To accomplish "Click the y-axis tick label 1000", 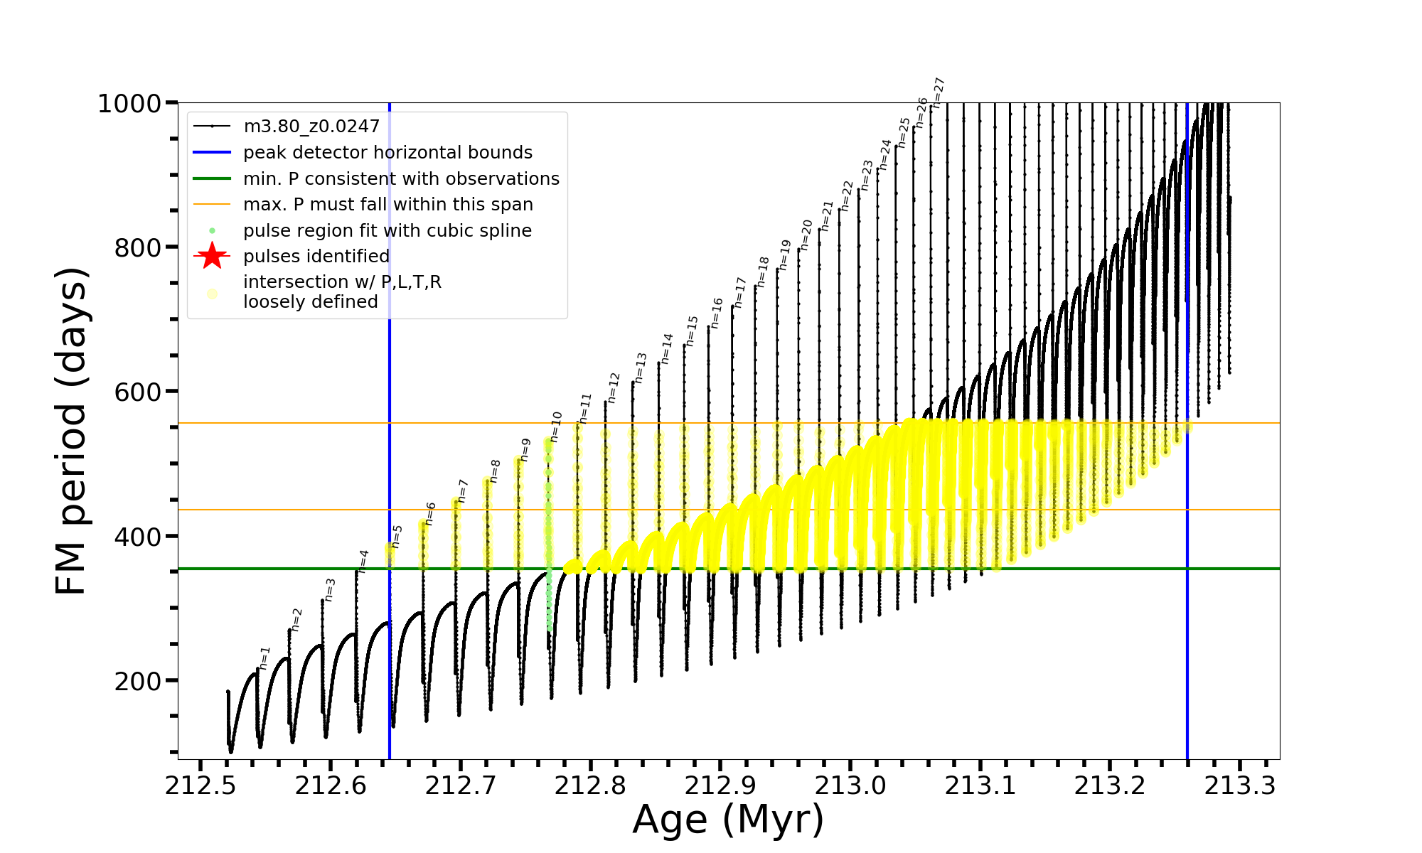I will (129, 104).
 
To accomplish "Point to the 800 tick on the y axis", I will (138, 248).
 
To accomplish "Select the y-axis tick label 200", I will (138, 681).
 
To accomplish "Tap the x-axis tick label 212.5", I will (201, 785).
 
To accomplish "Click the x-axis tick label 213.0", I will (850, 785).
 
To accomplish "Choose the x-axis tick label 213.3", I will (1240, 785).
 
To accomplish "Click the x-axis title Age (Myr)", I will (728, 820).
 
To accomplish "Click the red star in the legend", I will (212, 256).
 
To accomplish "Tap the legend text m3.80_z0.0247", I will (311, 127).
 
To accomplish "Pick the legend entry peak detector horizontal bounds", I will (387, 153).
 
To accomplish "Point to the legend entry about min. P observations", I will (401, 178).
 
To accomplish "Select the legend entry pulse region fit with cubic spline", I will (387, 230).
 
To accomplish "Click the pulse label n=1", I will (265, 658).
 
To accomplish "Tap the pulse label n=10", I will (556, 426).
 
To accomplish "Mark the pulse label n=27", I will (939, 92).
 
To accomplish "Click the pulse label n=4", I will (363, 562).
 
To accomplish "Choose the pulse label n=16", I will (716, 313).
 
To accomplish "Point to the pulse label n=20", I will (806, 235).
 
